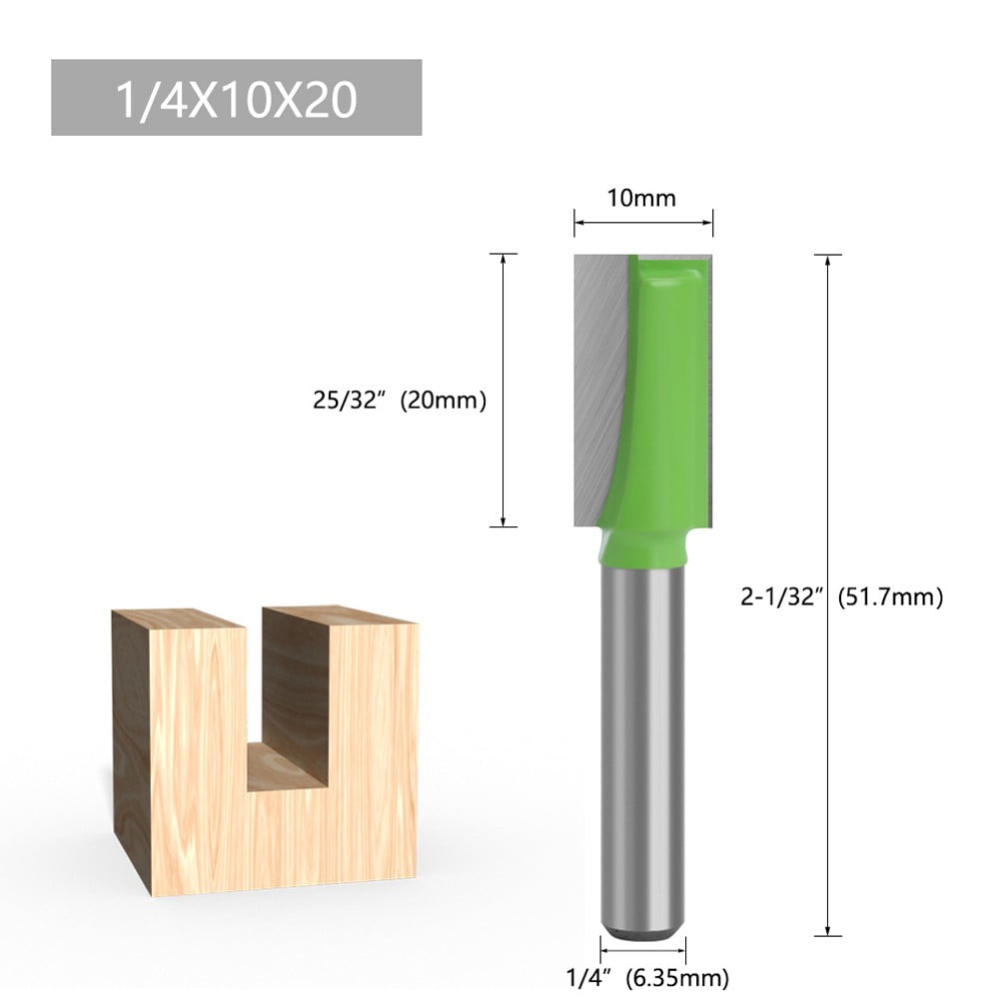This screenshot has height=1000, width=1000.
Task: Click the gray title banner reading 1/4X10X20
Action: pos(236,98)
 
